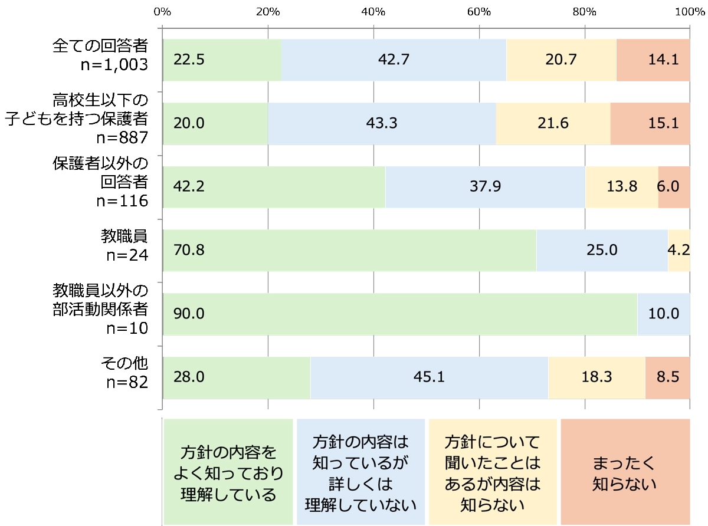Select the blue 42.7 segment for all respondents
pyautogui.click(x=394, y=60)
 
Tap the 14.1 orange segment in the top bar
pyautogui.click(x=653, y=60)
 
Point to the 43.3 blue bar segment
pyautogui.click(x=382, y=123)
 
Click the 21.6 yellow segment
pyautogui.click(x=553, y=123)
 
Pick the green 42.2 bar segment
pyautogui.click(x=274, y=187)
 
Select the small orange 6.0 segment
pyautogui.click(x=674, y=187)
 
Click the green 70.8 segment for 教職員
pyautogui.click(x=349, y=251)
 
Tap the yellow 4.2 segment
pyautogui.click(x=678, y=251)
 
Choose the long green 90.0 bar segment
pyautogui.click(x=400, y=314)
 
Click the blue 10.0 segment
pyautogui.click(x=664, y=314)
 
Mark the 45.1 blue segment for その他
pyautogui.click(x=429, y=377)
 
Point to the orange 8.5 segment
pyautogui.click(x=667, y=377)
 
